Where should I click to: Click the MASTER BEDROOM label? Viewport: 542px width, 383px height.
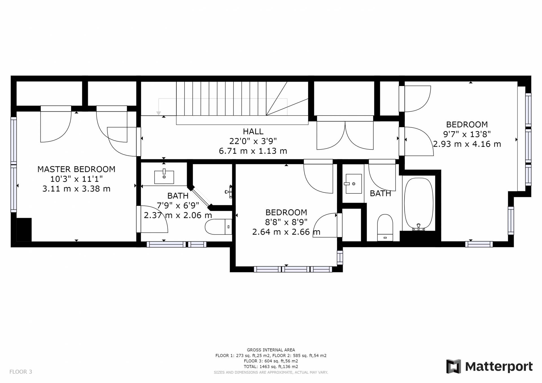[x=76, y=169]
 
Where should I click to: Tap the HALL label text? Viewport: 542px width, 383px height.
[x=253, y=131]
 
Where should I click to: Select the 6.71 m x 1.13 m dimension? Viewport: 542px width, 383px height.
[x=253, y=151]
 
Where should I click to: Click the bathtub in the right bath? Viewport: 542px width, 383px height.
[x=419, y=204]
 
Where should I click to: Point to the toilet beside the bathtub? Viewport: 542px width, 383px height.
[x=385, y=228]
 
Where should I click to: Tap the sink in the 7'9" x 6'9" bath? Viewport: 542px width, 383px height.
[x=164, y=177]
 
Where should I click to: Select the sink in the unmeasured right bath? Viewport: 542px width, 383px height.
[x=353, y=184]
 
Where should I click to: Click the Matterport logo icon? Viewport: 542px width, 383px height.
[x=453, y=366]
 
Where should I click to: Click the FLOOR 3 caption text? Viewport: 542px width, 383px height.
[x=21, y=372]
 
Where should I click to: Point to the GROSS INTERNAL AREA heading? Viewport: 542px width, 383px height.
[x=271, y=350]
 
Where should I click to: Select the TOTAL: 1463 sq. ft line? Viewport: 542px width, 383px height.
[x=271, y=367]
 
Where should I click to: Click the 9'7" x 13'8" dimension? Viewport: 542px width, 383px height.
[x=467, y=134]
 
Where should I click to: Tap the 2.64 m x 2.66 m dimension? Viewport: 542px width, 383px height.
[x=286, y=232]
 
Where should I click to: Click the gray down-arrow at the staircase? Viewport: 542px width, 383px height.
[x=159, y=113]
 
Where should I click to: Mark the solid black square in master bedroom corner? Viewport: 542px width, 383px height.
[x=24, y=230]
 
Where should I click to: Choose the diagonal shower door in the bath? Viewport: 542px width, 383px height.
[x=201, y=198]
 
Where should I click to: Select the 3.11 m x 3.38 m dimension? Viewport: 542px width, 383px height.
[x=76, y=189]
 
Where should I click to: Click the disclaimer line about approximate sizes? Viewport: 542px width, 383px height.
[x=271, y=372]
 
